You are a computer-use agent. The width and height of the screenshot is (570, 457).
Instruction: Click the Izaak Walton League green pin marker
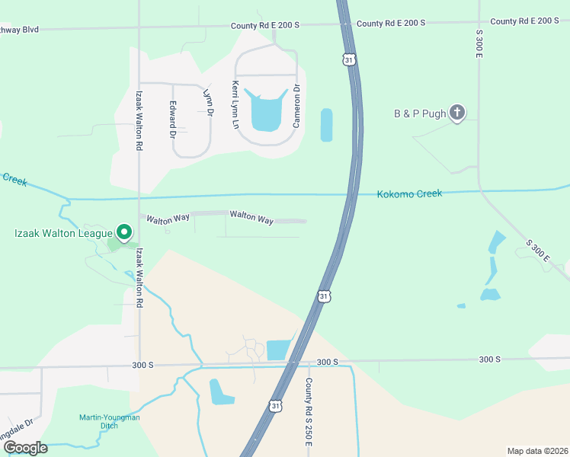(124, 232)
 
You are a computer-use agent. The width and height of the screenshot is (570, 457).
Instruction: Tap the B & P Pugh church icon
(456, 113)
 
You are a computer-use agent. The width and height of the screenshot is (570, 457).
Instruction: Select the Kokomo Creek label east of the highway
(409, 194)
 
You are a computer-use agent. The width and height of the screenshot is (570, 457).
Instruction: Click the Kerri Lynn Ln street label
(236, 103)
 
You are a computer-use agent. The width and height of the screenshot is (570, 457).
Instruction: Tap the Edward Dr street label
(173, 120)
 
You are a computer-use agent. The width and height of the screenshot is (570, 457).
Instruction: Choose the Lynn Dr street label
(207, 102)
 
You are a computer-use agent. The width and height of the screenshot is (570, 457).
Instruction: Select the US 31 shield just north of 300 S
(325, 296)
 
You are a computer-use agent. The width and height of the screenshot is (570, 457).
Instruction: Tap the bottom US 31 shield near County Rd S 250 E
(276, 406)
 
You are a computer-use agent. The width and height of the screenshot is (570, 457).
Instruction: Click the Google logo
(24, 448)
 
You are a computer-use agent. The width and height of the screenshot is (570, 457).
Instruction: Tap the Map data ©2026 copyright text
(537, 451)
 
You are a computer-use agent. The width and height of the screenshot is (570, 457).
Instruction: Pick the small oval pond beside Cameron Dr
(327, 125)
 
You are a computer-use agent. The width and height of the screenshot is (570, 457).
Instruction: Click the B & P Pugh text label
(418, 113)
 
